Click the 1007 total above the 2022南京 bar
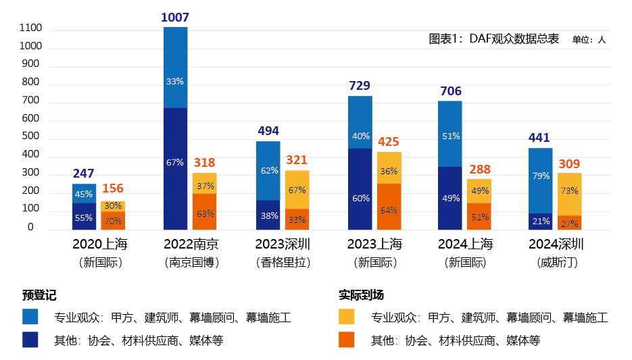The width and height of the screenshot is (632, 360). click(175, 18)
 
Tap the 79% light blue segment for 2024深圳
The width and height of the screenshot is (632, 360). click(540, 176)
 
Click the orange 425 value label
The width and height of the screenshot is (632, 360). click(388, 142)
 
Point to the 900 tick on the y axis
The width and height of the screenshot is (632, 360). click(31, 64)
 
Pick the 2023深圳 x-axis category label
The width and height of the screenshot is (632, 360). click(283, 244)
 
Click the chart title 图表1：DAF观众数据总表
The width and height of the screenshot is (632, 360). click(494, 39)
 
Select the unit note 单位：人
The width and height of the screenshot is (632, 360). click(589, 40)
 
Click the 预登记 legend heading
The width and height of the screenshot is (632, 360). click(39, 295)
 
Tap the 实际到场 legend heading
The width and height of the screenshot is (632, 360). click(361, 295)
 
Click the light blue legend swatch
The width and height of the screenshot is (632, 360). click(30, 317)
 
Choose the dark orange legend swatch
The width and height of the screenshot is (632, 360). click(346, 340)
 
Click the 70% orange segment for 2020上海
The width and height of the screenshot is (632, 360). click(113, 221)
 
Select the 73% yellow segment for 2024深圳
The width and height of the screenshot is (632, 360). click(569, 191)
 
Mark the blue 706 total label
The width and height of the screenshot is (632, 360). click(450, 91)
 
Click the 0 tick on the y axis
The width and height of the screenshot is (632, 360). click(31, 228)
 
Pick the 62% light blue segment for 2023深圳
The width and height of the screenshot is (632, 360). click(268, 170)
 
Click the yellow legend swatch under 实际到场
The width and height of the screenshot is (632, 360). click(346, 317)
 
